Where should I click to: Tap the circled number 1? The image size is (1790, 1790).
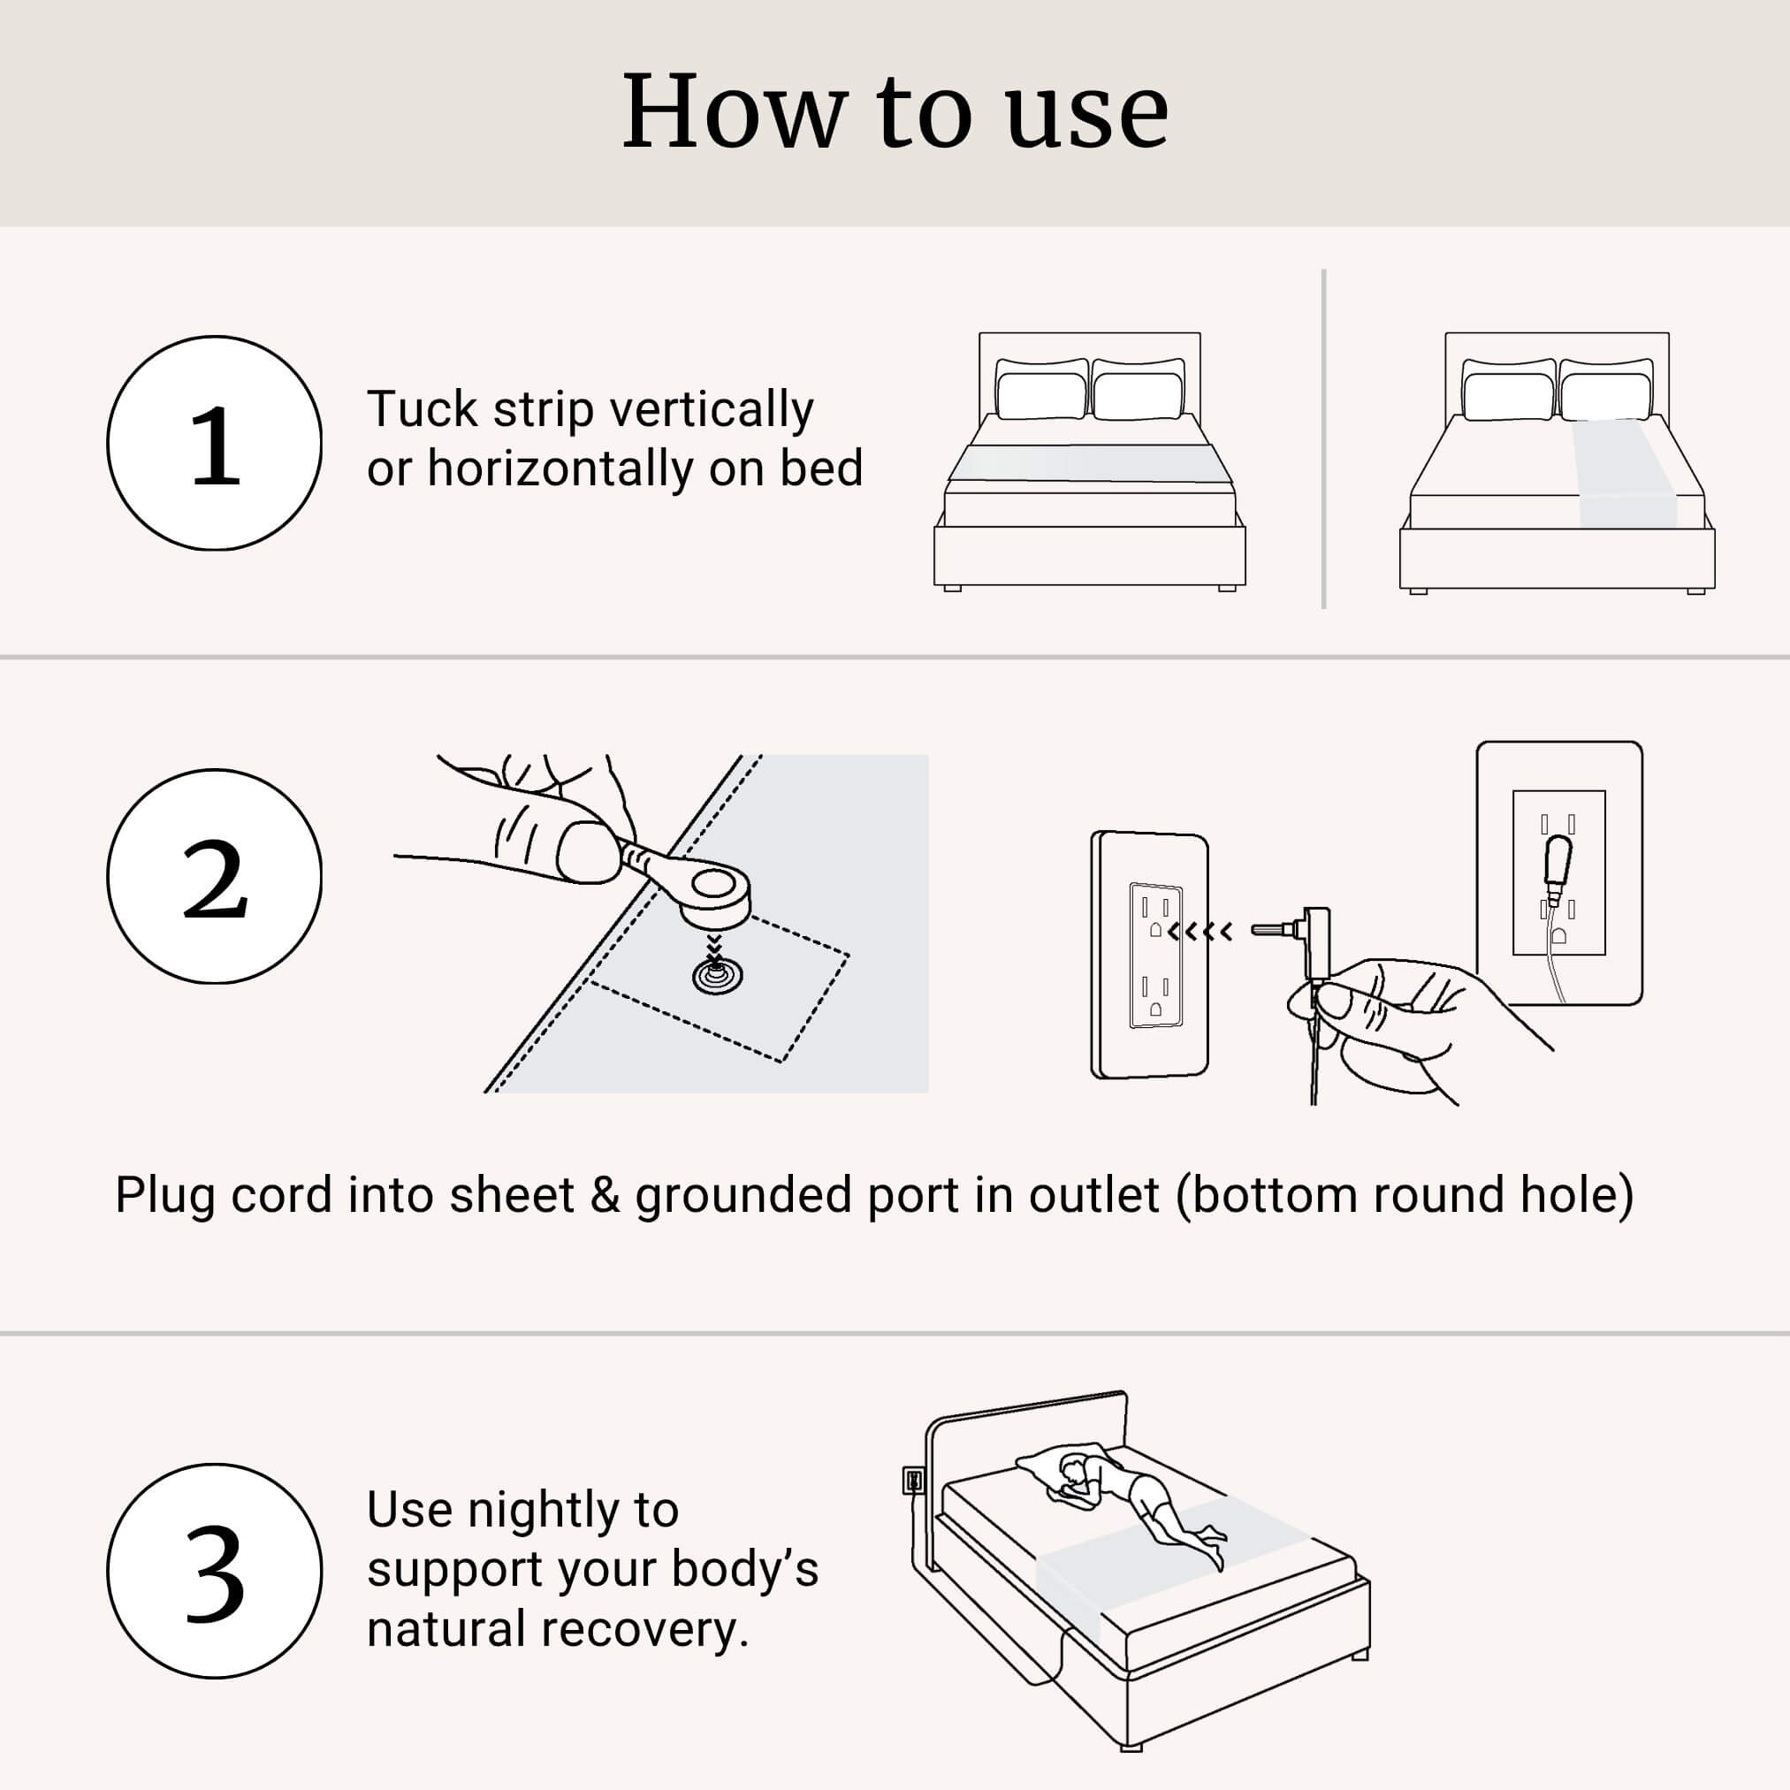click(x=214, y=444)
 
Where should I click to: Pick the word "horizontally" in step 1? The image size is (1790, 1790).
click(x=560, y=468)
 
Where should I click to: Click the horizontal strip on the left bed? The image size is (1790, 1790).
click(x=1090, y=463)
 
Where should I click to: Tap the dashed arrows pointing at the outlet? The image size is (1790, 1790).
click(x=1200, y=931)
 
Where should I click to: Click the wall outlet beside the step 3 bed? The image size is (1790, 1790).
click(x=911, y=1481)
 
